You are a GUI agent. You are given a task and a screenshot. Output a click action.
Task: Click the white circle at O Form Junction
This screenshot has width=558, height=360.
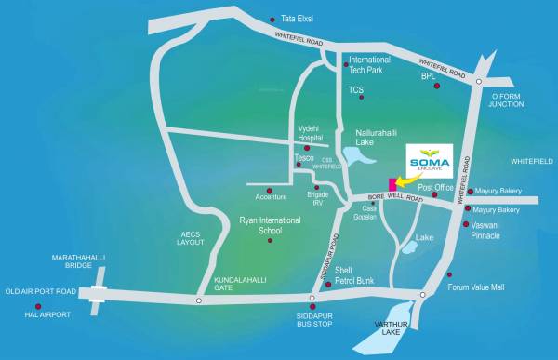478,82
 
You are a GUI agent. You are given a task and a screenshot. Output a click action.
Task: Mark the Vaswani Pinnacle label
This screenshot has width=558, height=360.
499,231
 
